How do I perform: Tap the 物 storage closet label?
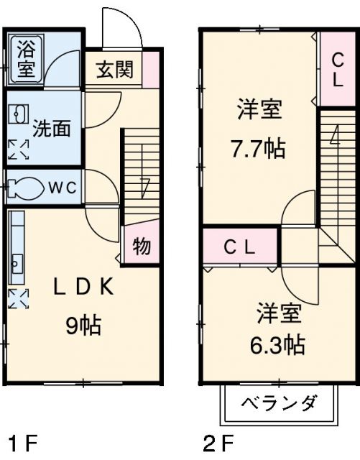click(x=142, y=247)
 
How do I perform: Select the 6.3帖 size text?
click(x=277, y=346)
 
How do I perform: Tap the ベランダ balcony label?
click(x=278, y=402)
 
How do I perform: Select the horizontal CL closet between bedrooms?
click(x=240, y=247)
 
